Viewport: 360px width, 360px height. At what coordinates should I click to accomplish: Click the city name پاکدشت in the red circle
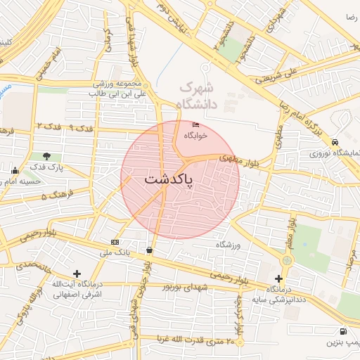[x=180, y=179]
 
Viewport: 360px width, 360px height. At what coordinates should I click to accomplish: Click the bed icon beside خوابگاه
[x=195, y=125]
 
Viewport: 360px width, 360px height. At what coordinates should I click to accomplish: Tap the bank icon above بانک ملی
[x=115, y=242]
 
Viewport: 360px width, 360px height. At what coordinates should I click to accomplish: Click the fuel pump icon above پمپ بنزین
[x=342, y=331]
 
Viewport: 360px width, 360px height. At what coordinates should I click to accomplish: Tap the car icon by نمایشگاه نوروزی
[x=336, y=141]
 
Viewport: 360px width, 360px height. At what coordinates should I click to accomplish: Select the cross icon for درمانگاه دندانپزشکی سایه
[x=278, y=278]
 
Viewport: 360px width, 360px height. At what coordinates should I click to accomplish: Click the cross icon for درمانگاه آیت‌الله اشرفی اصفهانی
[x=77, y=274]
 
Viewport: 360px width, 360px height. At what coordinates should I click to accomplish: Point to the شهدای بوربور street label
[x=185, y=286]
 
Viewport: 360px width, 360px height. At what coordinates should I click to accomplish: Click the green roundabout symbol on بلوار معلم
[x=286, y=261]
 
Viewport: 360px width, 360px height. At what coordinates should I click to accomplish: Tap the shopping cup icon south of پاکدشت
[x=149, y=250]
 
